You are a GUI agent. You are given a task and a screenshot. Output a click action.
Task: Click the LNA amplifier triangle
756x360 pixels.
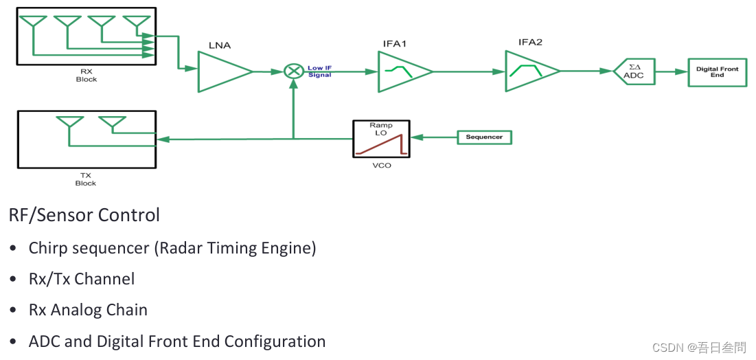[x=221, y=71]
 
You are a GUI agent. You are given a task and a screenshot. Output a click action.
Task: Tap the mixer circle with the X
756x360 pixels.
[x=294, y=71]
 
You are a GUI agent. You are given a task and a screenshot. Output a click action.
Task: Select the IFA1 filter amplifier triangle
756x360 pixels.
[x=401, y=71]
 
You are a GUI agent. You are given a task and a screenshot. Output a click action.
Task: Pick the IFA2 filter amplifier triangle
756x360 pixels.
[x=529, y=71]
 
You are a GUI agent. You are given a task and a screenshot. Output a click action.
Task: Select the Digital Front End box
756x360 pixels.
[x=717, y=71]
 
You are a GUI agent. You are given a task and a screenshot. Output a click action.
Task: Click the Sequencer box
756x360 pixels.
[x=484, y=137]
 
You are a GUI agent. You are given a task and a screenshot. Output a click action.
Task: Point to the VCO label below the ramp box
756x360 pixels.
[x=381, y=166]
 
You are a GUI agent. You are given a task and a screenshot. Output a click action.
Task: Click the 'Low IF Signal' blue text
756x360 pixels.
[x=319, y=71]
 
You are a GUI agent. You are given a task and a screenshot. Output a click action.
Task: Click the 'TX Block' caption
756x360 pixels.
[x=85, y=180]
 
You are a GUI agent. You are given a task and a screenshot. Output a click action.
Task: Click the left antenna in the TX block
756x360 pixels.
[x=69, y=124]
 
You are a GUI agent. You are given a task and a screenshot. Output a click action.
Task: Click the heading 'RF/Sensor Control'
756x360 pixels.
[x=84, y=215]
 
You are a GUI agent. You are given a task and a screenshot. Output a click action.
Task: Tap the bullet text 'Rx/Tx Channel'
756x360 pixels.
[x=82, y=279]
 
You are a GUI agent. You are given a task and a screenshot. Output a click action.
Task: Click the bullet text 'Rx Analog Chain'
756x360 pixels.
[x=88, y=310]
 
